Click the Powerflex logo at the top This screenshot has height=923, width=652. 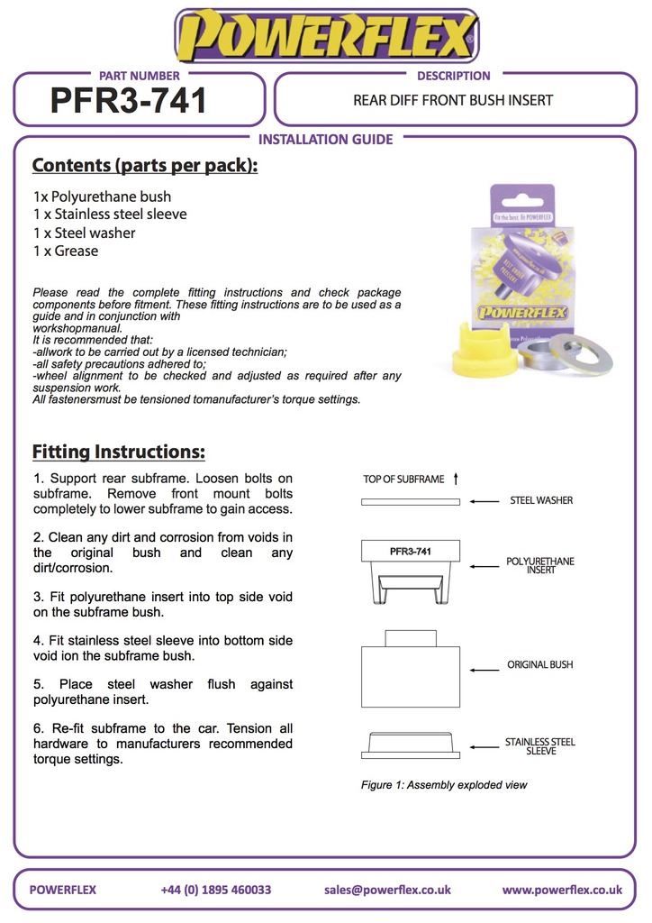326,36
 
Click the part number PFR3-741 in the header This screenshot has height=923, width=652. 129,101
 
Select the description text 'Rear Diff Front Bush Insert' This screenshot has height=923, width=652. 453,100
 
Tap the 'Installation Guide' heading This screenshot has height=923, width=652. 325,140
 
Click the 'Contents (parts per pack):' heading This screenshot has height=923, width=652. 145,166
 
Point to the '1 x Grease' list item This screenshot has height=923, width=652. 66,251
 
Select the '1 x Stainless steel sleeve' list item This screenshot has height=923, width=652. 110,215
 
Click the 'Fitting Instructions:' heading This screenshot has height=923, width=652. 119,452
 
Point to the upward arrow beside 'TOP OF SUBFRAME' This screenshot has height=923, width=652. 457,479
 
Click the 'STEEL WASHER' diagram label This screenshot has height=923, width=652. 541,501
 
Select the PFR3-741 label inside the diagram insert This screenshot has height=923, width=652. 410,551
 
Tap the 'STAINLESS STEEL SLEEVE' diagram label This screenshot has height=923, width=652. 540,746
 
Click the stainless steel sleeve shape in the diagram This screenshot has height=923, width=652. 411,745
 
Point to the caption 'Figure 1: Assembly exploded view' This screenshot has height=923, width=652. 444,785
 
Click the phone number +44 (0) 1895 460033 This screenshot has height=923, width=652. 216,890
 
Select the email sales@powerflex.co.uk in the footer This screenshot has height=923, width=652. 387,890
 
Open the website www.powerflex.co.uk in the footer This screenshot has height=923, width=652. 562,890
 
